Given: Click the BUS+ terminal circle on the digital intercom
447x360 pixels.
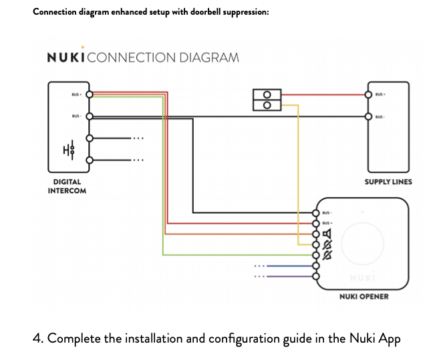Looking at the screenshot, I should (x=89, y=94).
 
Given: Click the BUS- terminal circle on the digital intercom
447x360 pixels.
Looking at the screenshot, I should (x=89, y=116).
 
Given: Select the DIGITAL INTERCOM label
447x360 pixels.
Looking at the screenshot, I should (x=67, y=186).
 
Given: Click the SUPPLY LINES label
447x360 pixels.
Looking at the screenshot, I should (x=388, y=182).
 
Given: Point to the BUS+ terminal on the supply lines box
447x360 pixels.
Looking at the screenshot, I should (x=368, y=94).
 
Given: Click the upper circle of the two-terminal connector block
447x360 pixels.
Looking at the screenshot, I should (x=267, y=94).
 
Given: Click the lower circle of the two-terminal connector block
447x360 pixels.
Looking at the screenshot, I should (x=267, y=105).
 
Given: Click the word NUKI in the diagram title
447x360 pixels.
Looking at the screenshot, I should (x=65, y=57).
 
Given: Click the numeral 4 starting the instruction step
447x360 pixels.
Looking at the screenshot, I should (x=37, y=338).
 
